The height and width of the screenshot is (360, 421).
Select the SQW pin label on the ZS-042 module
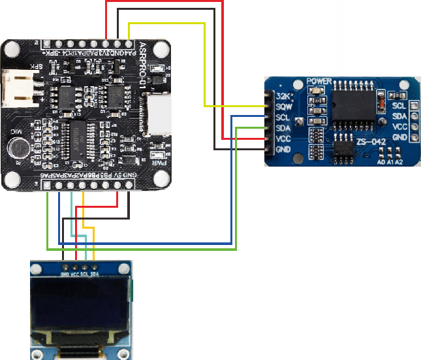283,106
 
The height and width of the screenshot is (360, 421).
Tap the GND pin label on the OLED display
65,274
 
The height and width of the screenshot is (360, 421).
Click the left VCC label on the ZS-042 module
283,139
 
